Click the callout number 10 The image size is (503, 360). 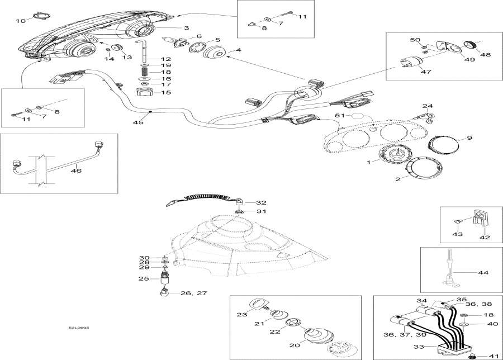[x=20, y=21]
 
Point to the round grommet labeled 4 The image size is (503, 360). [x=214, y=56]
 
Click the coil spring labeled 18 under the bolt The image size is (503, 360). [x=144, y=72]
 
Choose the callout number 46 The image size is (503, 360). [x=76, y=170]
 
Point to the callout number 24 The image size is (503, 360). [x=427, y=106]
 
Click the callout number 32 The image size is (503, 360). [x=262, y=202]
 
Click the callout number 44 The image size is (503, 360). [x=483, y=273]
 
